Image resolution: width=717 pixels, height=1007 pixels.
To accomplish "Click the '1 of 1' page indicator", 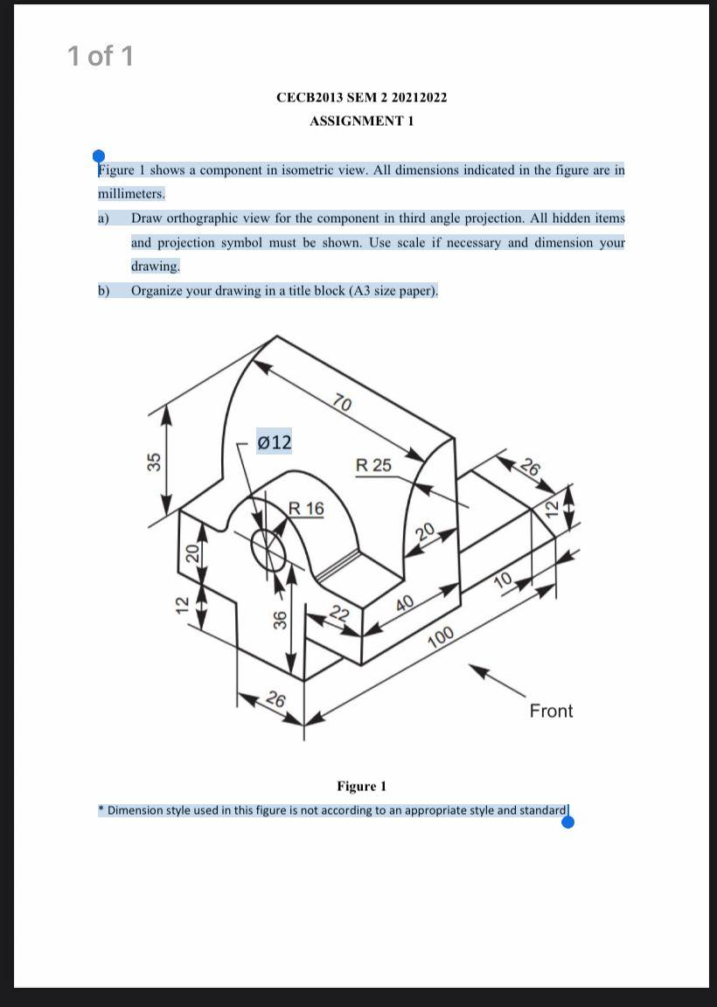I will click(x=101, y=56).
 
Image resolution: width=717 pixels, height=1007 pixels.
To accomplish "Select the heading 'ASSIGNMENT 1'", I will click(x=361, y=121).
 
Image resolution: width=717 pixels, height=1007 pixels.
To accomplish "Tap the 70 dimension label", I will click(x=343, y=403).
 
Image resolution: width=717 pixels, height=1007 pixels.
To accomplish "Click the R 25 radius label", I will click(x=374, y=465).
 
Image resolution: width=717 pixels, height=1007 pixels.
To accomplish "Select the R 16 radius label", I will click(x=306, y=508).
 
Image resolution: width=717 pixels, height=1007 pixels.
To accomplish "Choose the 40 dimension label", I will click(x=405, y=604).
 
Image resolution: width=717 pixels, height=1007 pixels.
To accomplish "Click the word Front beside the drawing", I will click(x=551, y=711).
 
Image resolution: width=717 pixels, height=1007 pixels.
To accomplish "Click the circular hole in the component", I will click(x=268, y=548).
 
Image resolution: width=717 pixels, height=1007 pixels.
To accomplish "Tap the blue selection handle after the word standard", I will click(x=568, y=821).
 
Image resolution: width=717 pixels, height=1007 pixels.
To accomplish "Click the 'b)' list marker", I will click(x=104, y=290).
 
